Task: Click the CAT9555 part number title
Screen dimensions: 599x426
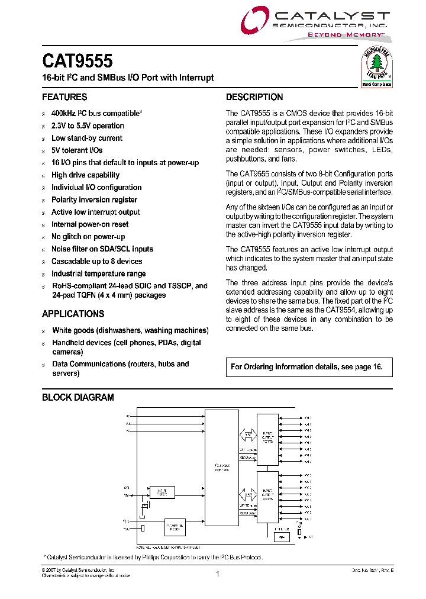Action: tap(77, 61)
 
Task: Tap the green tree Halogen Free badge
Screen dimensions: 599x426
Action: tap(377, 67)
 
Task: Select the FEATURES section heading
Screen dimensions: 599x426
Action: tap(64, 97)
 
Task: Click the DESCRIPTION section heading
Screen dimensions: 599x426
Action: tap(254, 97)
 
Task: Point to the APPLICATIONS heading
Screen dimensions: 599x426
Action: tap(73, 314)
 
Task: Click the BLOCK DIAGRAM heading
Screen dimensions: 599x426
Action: tap(78, 397)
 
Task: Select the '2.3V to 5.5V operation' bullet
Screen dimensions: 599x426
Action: tap(88, 125)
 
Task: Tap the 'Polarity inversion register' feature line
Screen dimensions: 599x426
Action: tap(94, 199)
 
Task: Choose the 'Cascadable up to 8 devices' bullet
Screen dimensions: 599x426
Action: tap(96, 261)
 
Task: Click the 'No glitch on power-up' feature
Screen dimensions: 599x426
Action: tap(88, 237)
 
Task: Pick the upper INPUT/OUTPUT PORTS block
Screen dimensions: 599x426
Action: tap(267, 439)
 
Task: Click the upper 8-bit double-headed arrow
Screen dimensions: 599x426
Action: tap(247, 435)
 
